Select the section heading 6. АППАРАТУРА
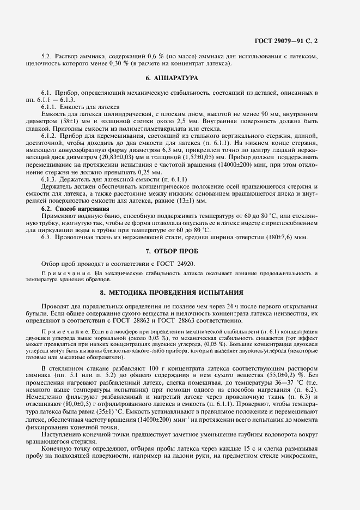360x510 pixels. pos(179,78)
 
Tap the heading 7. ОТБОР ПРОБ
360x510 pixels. pos(179,251)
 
